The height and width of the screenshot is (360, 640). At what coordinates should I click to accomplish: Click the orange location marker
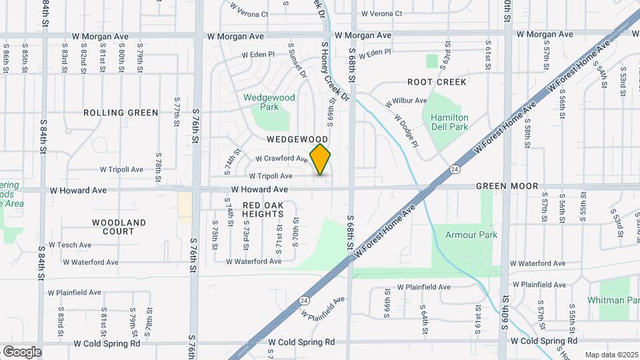pos(321,159)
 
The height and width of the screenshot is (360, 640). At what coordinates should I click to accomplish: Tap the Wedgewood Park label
pos(269,102)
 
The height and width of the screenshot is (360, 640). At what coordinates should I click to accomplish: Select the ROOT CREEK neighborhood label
pos(437,82)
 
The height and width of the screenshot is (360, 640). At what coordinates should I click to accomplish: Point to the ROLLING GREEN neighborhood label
pos(121,113)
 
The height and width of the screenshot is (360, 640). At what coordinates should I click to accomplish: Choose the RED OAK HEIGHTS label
pos(263,209)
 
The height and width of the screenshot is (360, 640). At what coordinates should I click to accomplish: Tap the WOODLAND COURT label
pos(119,227)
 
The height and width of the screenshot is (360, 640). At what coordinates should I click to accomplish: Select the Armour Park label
pos(471,235)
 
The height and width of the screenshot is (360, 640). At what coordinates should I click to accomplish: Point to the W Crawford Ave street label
pos(281,159)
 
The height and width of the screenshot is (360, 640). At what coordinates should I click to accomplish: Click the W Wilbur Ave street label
pos(406,101)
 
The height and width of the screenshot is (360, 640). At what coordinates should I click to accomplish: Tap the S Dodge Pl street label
pos(405,131)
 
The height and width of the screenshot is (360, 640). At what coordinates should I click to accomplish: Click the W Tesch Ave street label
pos(70,245)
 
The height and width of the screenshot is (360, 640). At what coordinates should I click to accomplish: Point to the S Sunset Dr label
pos(297,61)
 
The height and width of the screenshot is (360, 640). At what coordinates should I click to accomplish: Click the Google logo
pos(22,351)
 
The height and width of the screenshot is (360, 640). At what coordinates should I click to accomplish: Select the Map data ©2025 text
pos(611,355)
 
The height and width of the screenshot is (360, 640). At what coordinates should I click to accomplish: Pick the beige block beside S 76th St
pos(184,204)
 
